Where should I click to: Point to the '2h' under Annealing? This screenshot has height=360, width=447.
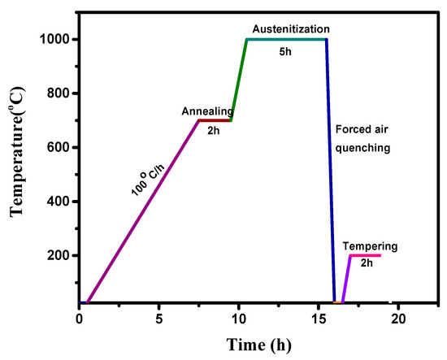pyautogui.click(x=214, y=131)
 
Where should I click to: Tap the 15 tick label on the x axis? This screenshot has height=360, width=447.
pyautogui.click(x=319, y=319)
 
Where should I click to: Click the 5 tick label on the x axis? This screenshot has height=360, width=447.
pyautogui.click(x=159, y=319)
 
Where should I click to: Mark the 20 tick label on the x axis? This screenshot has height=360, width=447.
pyautogui.click(x=398, y=319)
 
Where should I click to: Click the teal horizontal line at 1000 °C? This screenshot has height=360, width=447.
pyautogui.click(x=286, y=39)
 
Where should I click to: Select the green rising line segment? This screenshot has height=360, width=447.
pyautogui.click(x=239, y=80)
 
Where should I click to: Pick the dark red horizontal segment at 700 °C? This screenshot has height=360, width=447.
pyautogui.click(x=215, y=120)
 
